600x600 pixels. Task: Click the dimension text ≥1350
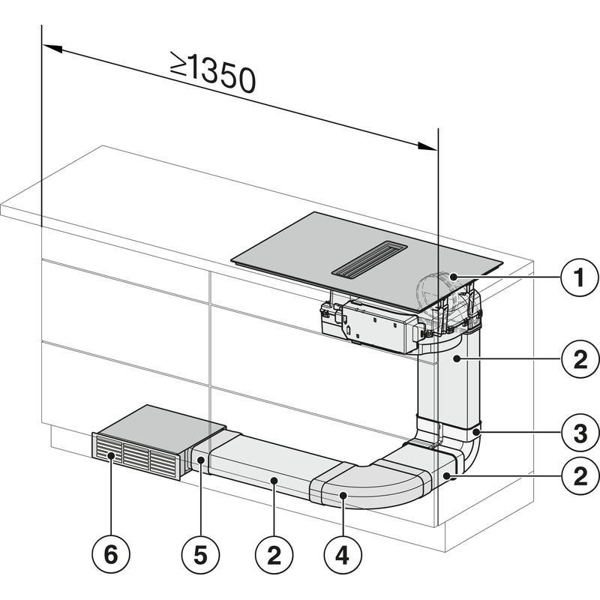(x=212, y=73)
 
